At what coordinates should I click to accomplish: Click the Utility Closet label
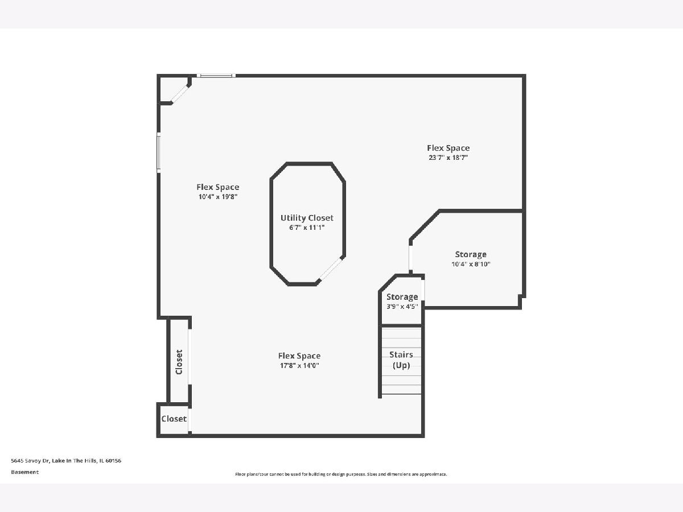click(x=307, y=218)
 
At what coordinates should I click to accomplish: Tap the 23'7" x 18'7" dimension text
click(x=448, y=158)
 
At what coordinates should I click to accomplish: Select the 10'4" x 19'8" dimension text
click(x=218, y=196)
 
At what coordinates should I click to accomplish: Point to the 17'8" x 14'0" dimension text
click(x=299, y=365)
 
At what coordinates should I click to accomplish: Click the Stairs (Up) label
click(x=401, y=360)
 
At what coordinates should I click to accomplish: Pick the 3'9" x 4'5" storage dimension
click(x=402, y=306)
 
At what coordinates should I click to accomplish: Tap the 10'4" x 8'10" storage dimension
click(x=471, y=264)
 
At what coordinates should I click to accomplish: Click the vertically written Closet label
click(x=179, y=362)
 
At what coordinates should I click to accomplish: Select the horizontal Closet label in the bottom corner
click(x=174, y=419)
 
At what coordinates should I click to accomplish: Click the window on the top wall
click(x=216, y=76)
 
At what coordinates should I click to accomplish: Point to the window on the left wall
click(x=158, y=152)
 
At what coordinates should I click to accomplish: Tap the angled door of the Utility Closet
click(x=331, y=269)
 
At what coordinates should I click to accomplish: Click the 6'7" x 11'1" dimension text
click(x=307, y=228)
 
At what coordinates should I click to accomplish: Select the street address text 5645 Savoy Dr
click(x=30, y=461)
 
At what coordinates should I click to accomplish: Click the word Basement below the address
click(x=25, y=472)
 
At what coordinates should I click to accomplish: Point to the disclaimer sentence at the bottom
click(x=341, y=474)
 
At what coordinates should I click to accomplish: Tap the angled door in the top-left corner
click(x=180, y=94)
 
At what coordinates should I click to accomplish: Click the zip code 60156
click(x=113, y=461)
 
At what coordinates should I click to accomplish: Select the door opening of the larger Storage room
click(x=411, y=258)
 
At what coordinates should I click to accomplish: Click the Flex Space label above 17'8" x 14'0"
click(x=299, y=356)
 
